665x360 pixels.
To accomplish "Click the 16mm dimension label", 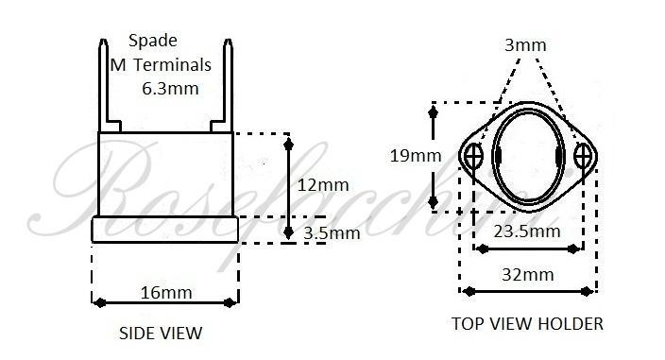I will pos(165,291).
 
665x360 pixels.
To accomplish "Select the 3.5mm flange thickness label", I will pos(331,232).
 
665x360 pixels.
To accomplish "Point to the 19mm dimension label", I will pos(413,156).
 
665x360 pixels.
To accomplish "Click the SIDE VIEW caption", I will pos(161,333).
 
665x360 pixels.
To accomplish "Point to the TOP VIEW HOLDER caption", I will pos(527,324).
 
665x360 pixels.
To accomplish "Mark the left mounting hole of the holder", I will pos(475,155).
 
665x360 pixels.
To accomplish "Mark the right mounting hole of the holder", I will pos(581,155).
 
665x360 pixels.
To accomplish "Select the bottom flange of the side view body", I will pos(164,230).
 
